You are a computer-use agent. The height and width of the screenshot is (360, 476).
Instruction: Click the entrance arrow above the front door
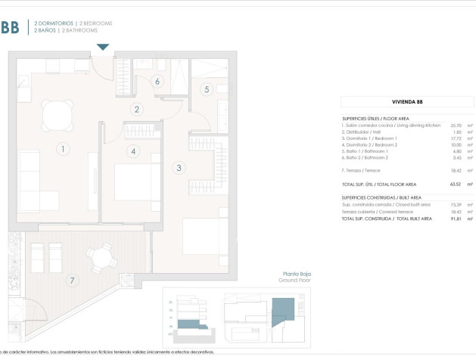point(103,47)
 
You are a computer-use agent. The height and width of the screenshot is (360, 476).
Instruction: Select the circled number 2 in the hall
point(137,109)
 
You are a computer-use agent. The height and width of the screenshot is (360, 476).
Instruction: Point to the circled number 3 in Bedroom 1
point(179,168)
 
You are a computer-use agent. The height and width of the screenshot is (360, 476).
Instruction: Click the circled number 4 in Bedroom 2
point(133,151)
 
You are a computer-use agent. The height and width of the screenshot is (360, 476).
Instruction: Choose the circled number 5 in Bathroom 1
point(206,89)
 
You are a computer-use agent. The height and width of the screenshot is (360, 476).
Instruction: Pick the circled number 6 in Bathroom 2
point(157,81)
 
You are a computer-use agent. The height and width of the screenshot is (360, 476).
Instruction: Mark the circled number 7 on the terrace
point(73,281)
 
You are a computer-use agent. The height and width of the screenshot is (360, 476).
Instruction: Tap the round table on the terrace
point(99,259)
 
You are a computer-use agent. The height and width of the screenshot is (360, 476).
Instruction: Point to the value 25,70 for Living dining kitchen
point(456,125)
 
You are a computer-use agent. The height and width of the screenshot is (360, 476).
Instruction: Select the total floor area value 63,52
point(456,184)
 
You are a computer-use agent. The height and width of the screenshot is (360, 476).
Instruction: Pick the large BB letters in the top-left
point(10,28)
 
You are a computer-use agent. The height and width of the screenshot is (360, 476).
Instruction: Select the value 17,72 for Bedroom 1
point(456,138)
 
